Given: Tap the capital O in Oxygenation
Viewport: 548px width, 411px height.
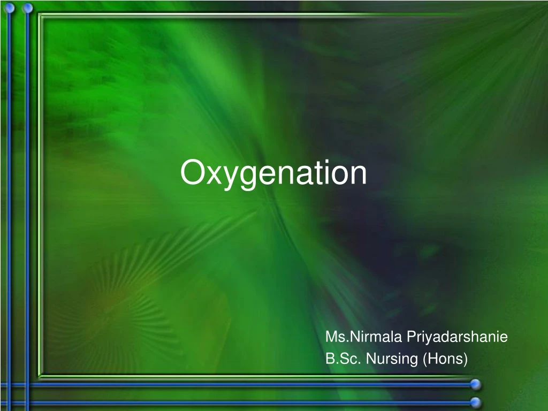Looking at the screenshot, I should point(192,173).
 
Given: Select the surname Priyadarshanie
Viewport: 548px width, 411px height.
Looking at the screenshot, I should point(457,337).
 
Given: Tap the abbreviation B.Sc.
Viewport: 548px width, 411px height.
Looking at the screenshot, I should point(342,359).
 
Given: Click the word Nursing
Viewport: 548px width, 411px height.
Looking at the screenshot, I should point(392,359).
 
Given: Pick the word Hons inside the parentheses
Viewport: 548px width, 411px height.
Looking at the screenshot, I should point(444,359).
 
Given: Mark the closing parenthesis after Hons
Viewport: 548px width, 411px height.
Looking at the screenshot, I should point(466,359).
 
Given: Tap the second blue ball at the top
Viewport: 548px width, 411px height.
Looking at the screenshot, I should point(27,7).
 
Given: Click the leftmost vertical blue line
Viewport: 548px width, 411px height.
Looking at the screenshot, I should point(7,214).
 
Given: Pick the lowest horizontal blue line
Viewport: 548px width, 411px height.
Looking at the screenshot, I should point(235,402).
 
